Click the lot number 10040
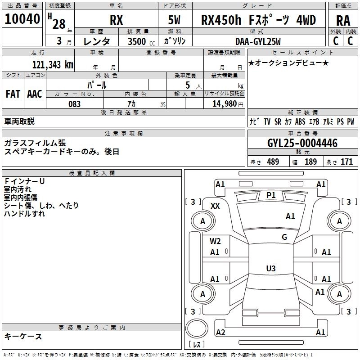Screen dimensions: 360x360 pos(22,19)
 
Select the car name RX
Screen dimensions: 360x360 pos(116,20)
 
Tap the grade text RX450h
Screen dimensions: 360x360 pos(221,20)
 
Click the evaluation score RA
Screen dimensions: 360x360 pos(343,20)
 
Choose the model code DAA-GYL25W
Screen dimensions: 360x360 pos(258,41)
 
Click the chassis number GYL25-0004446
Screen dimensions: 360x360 pos(302,144)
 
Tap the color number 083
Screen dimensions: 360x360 pos(75,104)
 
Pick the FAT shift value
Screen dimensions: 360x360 pos(13,94)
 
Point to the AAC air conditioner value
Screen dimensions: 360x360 pos(35,94)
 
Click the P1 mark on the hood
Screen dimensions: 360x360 pos(271,195)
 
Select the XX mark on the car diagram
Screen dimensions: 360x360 pos(215,206)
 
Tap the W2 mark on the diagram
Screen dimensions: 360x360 pos(215,241)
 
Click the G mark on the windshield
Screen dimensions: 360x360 pos(284,237)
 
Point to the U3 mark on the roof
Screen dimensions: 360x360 pos(270,269)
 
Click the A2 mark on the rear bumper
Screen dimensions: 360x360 pos(220,333)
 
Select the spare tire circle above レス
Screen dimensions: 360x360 pos(196,328)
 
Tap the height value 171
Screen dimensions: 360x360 pos(346,162)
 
